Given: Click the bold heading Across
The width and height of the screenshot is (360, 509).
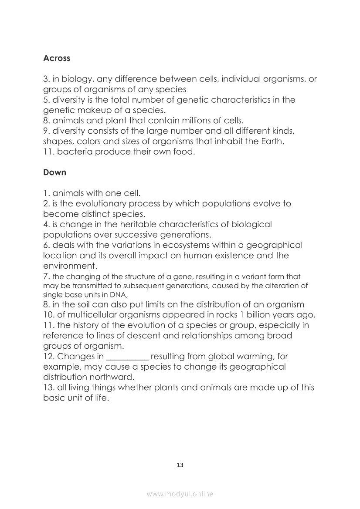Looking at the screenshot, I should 57,58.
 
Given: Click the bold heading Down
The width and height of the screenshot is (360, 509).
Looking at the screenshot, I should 54,172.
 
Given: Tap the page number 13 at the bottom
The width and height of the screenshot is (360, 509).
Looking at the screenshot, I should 180,465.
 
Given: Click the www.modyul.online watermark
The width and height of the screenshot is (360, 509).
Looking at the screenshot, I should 180,494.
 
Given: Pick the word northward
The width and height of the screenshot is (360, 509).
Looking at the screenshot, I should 112,377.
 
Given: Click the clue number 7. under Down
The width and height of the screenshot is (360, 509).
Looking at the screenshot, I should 47,276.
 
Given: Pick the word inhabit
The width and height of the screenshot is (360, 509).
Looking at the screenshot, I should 240,141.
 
